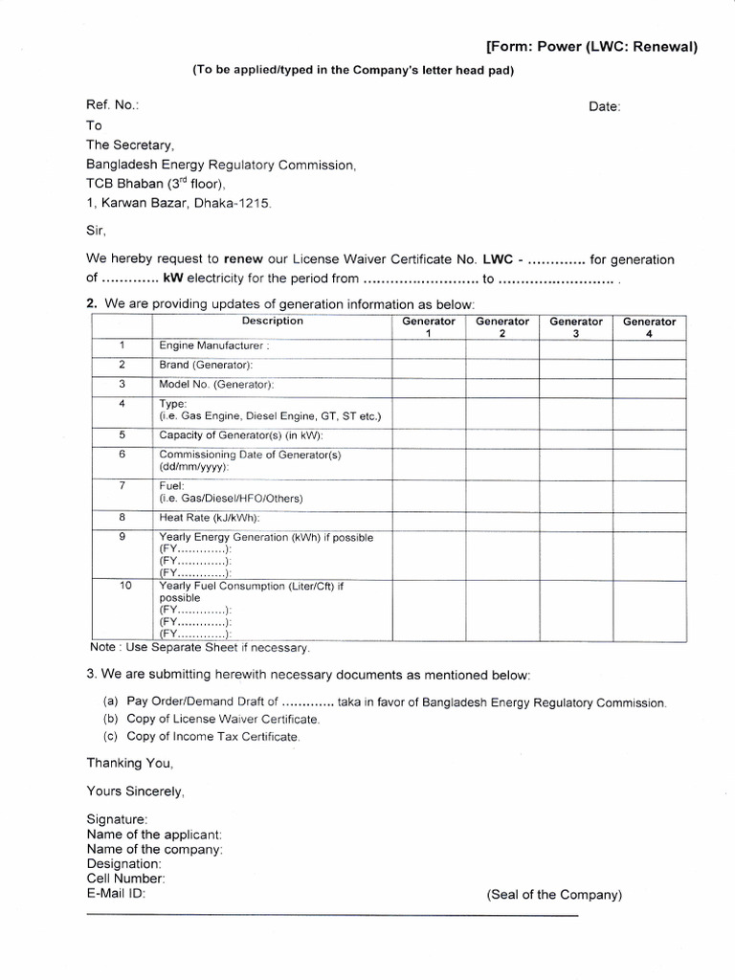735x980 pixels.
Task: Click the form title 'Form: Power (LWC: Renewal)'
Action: tap(591, 47)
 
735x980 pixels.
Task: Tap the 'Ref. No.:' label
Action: tap(113, 105)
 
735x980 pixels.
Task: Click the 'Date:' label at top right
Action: tap(605, 106)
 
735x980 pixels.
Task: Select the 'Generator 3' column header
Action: tap(576, 327)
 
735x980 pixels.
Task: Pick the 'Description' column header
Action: tap(273, 322)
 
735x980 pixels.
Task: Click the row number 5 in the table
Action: tap(122, 434)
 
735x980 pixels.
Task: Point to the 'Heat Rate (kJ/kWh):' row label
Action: tap(210, 517)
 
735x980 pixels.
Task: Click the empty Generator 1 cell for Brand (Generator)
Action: tap(429, 365)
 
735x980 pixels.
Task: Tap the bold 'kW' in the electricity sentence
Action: tap(173, 279)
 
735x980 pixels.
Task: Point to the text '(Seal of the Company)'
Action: tap(554, 895)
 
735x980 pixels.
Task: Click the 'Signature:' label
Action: tap(117, 819)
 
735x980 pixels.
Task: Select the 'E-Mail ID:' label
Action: tap(116, 893)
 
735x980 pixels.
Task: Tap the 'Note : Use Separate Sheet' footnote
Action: tap(199, 648)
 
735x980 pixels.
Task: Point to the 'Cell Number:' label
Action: tap(125, 878)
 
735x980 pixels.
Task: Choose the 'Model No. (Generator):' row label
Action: tap(216, 384)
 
